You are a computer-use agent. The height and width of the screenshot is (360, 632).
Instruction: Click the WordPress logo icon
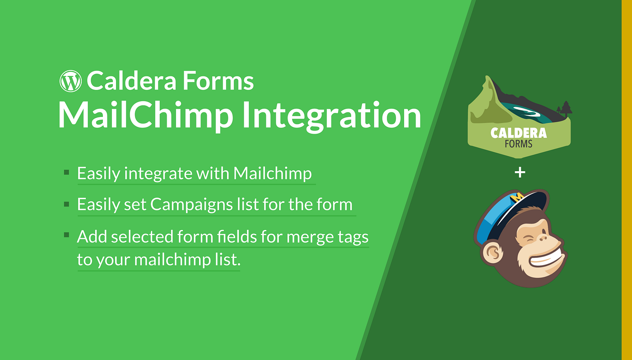point(70,81)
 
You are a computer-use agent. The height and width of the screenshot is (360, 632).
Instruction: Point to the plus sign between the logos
point(520,172)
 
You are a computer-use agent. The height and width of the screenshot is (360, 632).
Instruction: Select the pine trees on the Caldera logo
point(564,109)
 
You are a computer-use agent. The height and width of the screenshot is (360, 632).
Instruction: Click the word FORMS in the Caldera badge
point(518,144)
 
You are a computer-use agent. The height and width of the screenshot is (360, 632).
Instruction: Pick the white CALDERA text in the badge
point(518,133)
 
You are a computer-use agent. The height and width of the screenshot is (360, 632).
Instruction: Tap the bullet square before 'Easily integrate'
point(66,173)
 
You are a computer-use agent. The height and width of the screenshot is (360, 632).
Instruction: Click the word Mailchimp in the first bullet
point(272,173)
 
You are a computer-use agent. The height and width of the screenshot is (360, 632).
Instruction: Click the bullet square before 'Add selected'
point(66,235)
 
